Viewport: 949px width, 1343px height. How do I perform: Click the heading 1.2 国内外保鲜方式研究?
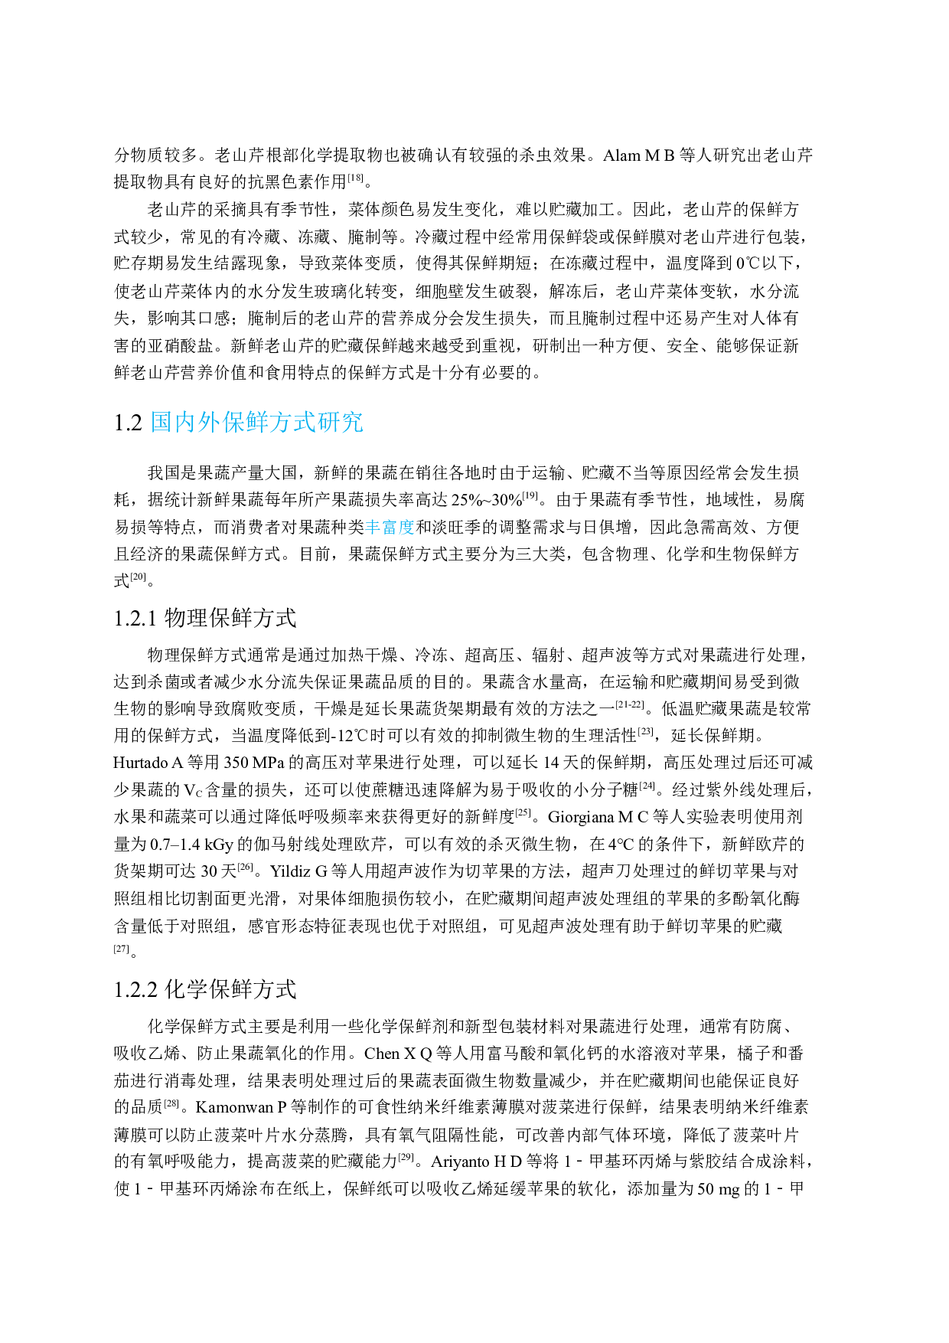tap(238, 422)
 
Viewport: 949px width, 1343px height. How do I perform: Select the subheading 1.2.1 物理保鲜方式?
tap(205, 618)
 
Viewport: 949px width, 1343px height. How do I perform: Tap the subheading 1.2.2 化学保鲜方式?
tap(205, 989)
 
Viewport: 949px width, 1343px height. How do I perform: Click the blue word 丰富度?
tap(390, 527)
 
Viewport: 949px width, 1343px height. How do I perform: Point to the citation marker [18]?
tap(356, 178)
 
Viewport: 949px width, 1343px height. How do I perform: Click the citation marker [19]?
tap(530, 495)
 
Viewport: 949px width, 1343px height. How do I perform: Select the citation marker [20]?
tap(138, 577)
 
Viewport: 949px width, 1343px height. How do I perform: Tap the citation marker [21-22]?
tap(629, 704)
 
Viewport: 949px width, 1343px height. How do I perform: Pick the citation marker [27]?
tap(121, 949)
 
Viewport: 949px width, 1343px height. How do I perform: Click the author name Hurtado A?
tap(148, 763)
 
